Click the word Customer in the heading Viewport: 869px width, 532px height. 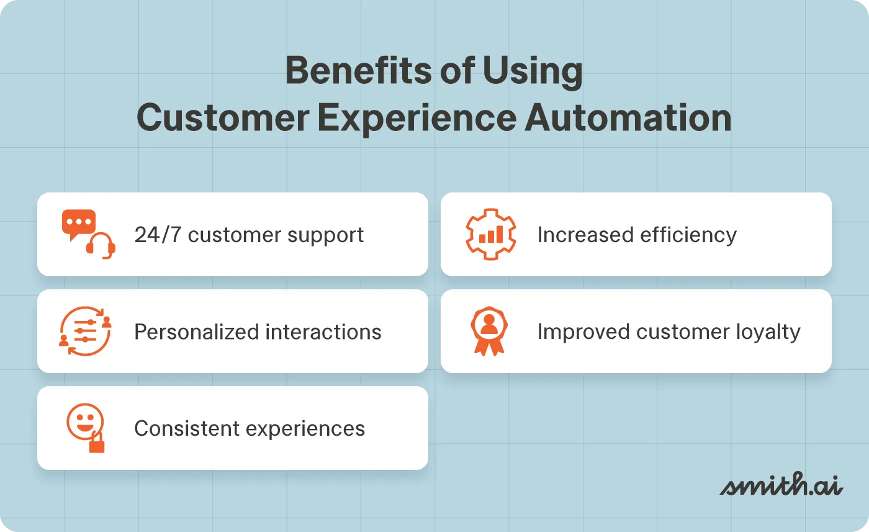[x=222, y=117]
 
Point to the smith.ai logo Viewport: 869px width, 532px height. [x=781, y=485]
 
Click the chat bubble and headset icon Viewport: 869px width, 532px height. [x=88, y=234]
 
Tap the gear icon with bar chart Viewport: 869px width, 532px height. [x=490, y=235]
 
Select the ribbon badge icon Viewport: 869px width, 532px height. [x=489, y=331]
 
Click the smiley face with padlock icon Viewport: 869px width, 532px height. [x=86, y=428]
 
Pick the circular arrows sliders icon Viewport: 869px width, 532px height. [x=85, y=331]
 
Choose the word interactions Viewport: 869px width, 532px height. [x=323, y=332]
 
